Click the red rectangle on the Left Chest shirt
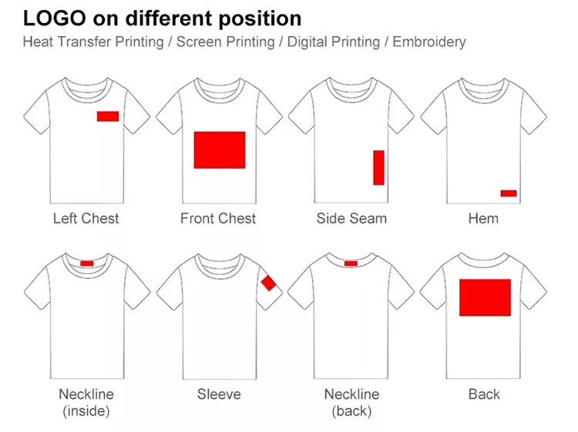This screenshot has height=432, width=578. tap(107, 116)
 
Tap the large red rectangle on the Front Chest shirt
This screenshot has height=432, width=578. tap(219, 149)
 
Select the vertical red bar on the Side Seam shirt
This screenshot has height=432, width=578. tap(378, 168)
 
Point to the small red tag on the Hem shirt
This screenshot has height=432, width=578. tap(509, 193)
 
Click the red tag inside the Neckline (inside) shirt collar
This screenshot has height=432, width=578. tap(87, 263)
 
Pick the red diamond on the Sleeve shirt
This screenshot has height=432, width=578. tap(268, 283)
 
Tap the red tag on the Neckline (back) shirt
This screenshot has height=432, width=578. tap(351, 263)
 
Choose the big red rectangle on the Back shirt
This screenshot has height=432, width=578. tap(485, 297)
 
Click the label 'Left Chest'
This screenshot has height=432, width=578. tap(86, 219)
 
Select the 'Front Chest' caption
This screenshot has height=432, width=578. tap(218, 219)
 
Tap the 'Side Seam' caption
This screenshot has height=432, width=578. tap(351, 219)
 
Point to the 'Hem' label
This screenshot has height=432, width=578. tap(483, 219)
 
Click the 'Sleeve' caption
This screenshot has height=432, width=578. tap(219, 394)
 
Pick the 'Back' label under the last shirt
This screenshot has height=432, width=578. tap(484, 394)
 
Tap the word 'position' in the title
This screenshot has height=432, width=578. tap(255, 18)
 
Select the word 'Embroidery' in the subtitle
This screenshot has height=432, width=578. tap(428, 42)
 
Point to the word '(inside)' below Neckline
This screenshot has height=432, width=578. tap(86, 411)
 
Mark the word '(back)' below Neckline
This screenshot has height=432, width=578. tap(351, 411)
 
